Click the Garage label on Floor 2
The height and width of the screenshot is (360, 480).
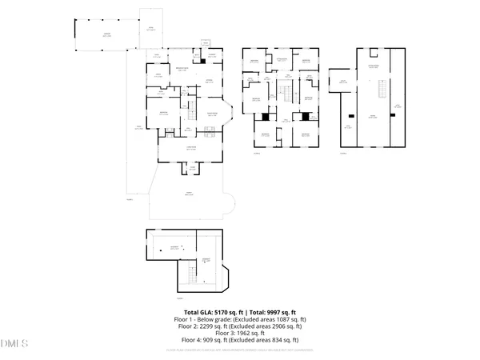(x=106, y=34)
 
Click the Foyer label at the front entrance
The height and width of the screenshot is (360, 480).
(x=192, y=168)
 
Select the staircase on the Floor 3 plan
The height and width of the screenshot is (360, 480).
(x=282, y=94)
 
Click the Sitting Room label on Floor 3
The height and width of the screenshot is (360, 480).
(x=282, y=59)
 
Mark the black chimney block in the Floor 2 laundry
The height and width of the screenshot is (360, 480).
(x=203, y=60)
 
